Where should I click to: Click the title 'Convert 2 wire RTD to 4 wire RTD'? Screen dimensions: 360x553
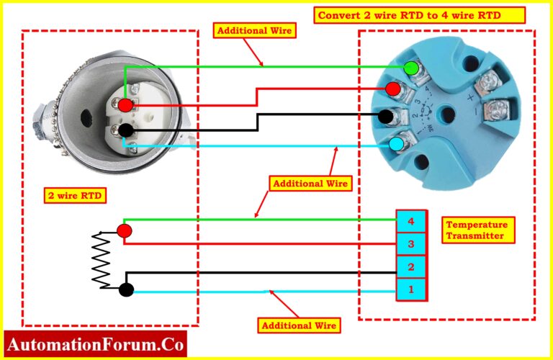pyautogui.click(x=421, y=15)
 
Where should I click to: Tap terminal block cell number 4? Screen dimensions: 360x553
pyautogui.click(x=411, y=221)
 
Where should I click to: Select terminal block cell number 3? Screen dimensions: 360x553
pyautogui.click(x=411, y=244)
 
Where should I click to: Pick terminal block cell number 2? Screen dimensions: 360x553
pyautogui.click(x=411, y=267)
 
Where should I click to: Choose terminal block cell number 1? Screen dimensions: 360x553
pyautogui.click(x=411, y=290)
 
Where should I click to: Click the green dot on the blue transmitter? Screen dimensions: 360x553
pyautogui.click(x=411, y=68)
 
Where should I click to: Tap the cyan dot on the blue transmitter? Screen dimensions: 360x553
pyautogui.click(x=396, y=144)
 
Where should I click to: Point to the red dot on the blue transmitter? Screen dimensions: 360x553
pyautogui.click(x=392, y=89)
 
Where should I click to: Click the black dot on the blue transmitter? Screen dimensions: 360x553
pyautogui.click(x=386, y=115)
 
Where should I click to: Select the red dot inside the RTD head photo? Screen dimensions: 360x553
pyautogui.click(x=125, y=105)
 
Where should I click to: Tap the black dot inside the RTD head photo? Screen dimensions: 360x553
pyautogui.click(x=126, y=130)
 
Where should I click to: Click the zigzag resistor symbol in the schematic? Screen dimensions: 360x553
pyautogui.click(x=101, y=259)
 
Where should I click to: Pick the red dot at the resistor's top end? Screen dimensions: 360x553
pyautogui.click(x=125, y=230)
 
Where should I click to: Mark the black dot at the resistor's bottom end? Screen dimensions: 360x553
pyautogui.click(x=126, y=290)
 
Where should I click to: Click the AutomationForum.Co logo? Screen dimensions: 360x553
pyautogui.click(x=96, y=343)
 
